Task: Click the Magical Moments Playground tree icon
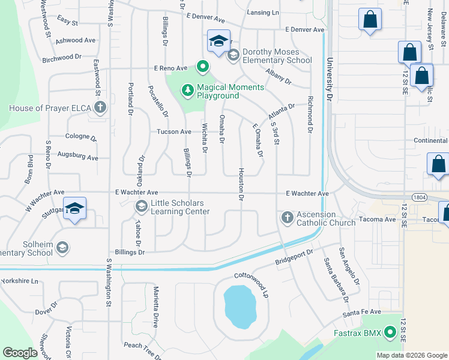(188, 90)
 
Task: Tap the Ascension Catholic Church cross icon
(287, 217)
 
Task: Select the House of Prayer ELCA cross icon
(100, 108)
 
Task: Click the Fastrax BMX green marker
(390, 331)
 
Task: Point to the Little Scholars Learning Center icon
(141, 206)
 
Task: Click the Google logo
(20, 352)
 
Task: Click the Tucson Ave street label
(173, 131)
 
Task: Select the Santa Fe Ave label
(361, 313)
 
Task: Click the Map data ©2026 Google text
(412, 355)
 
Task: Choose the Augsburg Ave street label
(77, 157)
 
